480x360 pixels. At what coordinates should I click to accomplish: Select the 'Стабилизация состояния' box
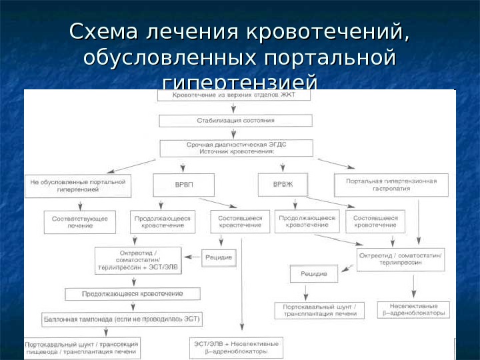pyautogui.click(x=235, y=121)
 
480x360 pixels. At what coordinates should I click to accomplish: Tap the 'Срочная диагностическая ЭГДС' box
pyautogui.click(x=237, y=148)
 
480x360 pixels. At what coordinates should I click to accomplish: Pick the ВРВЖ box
pyautogui.click(x=284, y=183)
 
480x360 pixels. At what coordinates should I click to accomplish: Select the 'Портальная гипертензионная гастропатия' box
pyautogui.click(x=391, y=184)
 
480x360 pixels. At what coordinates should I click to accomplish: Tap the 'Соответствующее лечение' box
pyautogui.click(x=79, y=222)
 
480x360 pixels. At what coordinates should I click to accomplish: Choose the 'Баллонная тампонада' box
pyautogui.click(x=121, y=319)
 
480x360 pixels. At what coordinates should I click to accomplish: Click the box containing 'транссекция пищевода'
pyautogui.click(x=82, y=348)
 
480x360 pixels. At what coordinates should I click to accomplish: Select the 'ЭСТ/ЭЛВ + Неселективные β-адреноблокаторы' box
pyautogui.click(x=237, y=347)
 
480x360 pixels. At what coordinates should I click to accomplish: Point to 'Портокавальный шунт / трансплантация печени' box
pyautogui.click(x=320, y=310)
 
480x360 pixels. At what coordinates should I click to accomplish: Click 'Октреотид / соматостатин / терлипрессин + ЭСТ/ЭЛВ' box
pyautogui.click(x=138, y=259)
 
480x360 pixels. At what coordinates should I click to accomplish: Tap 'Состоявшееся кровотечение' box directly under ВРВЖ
pyautogui.click(x=376, y=222)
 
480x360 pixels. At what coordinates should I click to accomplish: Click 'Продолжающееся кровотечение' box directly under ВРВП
pyautogui.click(x=163, y=222)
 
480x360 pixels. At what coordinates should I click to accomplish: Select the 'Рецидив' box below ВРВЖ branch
pyautogui.click(x=314, y=273)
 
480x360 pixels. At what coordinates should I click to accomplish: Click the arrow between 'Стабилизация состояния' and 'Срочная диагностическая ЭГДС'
pyautogui.click(x=235, y=133)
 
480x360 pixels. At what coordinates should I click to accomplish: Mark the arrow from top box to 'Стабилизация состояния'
pyautogui.click(x=235, y=108)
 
